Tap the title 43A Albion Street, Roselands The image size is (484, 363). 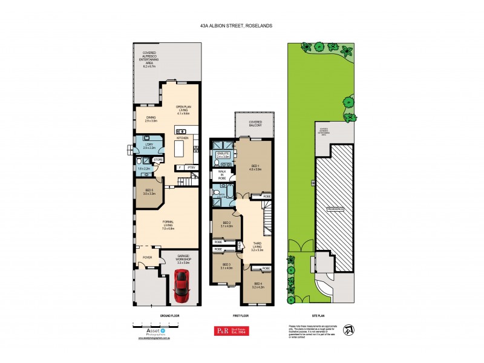click(242, 27)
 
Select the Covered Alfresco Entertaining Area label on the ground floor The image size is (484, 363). click(149, 59)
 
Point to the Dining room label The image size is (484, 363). click(151, 120)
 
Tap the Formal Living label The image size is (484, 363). click(168, 227)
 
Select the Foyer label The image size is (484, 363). click(147, 257)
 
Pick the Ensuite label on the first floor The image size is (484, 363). click(223, 155)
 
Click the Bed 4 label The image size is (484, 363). click(258, 285)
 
